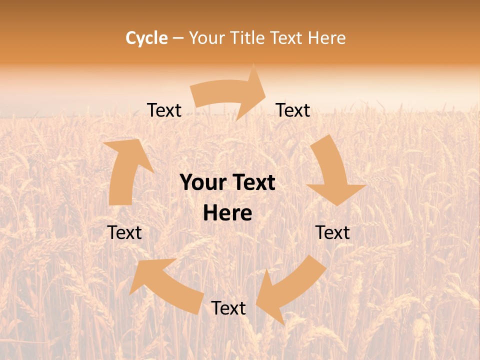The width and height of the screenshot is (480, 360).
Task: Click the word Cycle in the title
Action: [146, 38]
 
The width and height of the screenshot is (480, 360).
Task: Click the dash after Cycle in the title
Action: [178, 38]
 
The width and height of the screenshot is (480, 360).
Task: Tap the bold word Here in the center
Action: [227, 213]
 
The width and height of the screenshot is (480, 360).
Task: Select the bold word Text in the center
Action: [252, 183]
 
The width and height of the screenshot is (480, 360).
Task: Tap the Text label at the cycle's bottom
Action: [228, 308]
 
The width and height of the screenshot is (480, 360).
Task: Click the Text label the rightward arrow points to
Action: [293, 110]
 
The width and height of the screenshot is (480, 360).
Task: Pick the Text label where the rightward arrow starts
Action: [164, 110]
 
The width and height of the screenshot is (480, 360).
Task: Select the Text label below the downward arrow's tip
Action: [333, 232]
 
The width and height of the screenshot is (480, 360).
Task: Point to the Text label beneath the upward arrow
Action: [124, 232]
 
